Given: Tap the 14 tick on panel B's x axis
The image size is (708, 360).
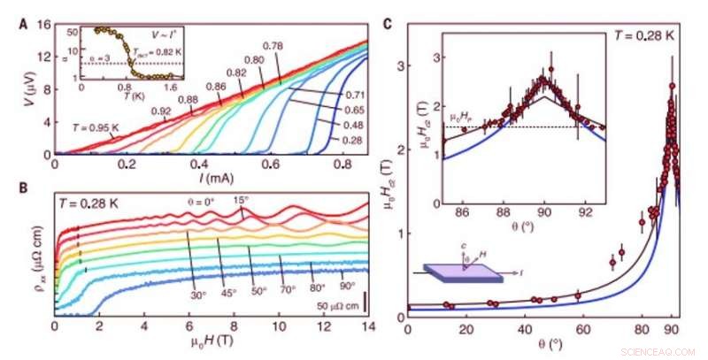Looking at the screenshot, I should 365,327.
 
